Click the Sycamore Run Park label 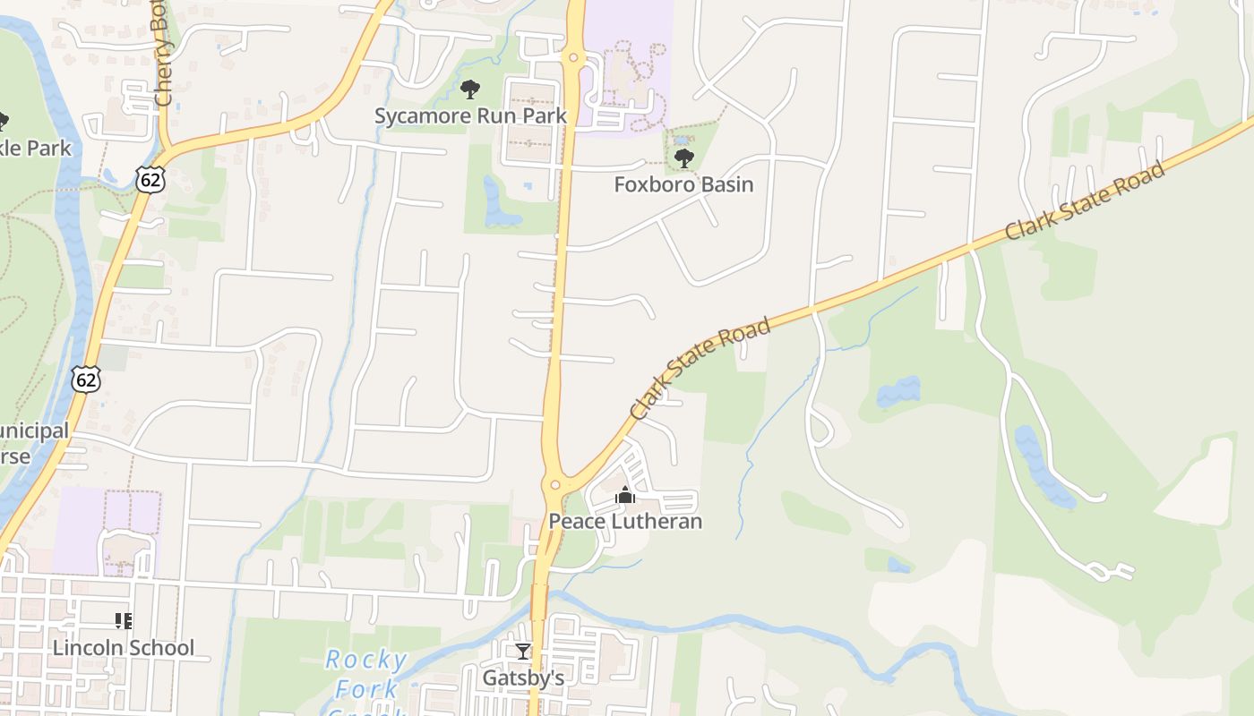pos(470,116)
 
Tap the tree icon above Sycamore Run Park pos(469,89)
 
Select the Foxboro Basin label pos(683,184)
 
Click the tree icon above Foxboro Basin pos(683,159)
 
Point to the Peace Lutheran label pos(625,521)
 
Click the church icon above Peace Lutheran pos(625,495)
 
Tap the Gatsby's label pos(523,678)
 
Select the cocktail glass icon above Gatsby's pos(523,652)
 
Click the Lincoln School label pos(124,647)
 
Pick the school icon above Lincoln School pos(124,621)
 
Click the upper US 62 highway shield pos(150,179)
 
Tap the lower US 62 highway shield pos(86,379)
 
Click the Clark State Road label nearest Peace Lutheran pos(700,369)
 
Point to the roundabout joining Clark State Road pos(555,485)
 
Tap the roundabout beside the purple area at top pos(574,60)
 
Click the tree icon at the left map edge pos(3,121)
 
